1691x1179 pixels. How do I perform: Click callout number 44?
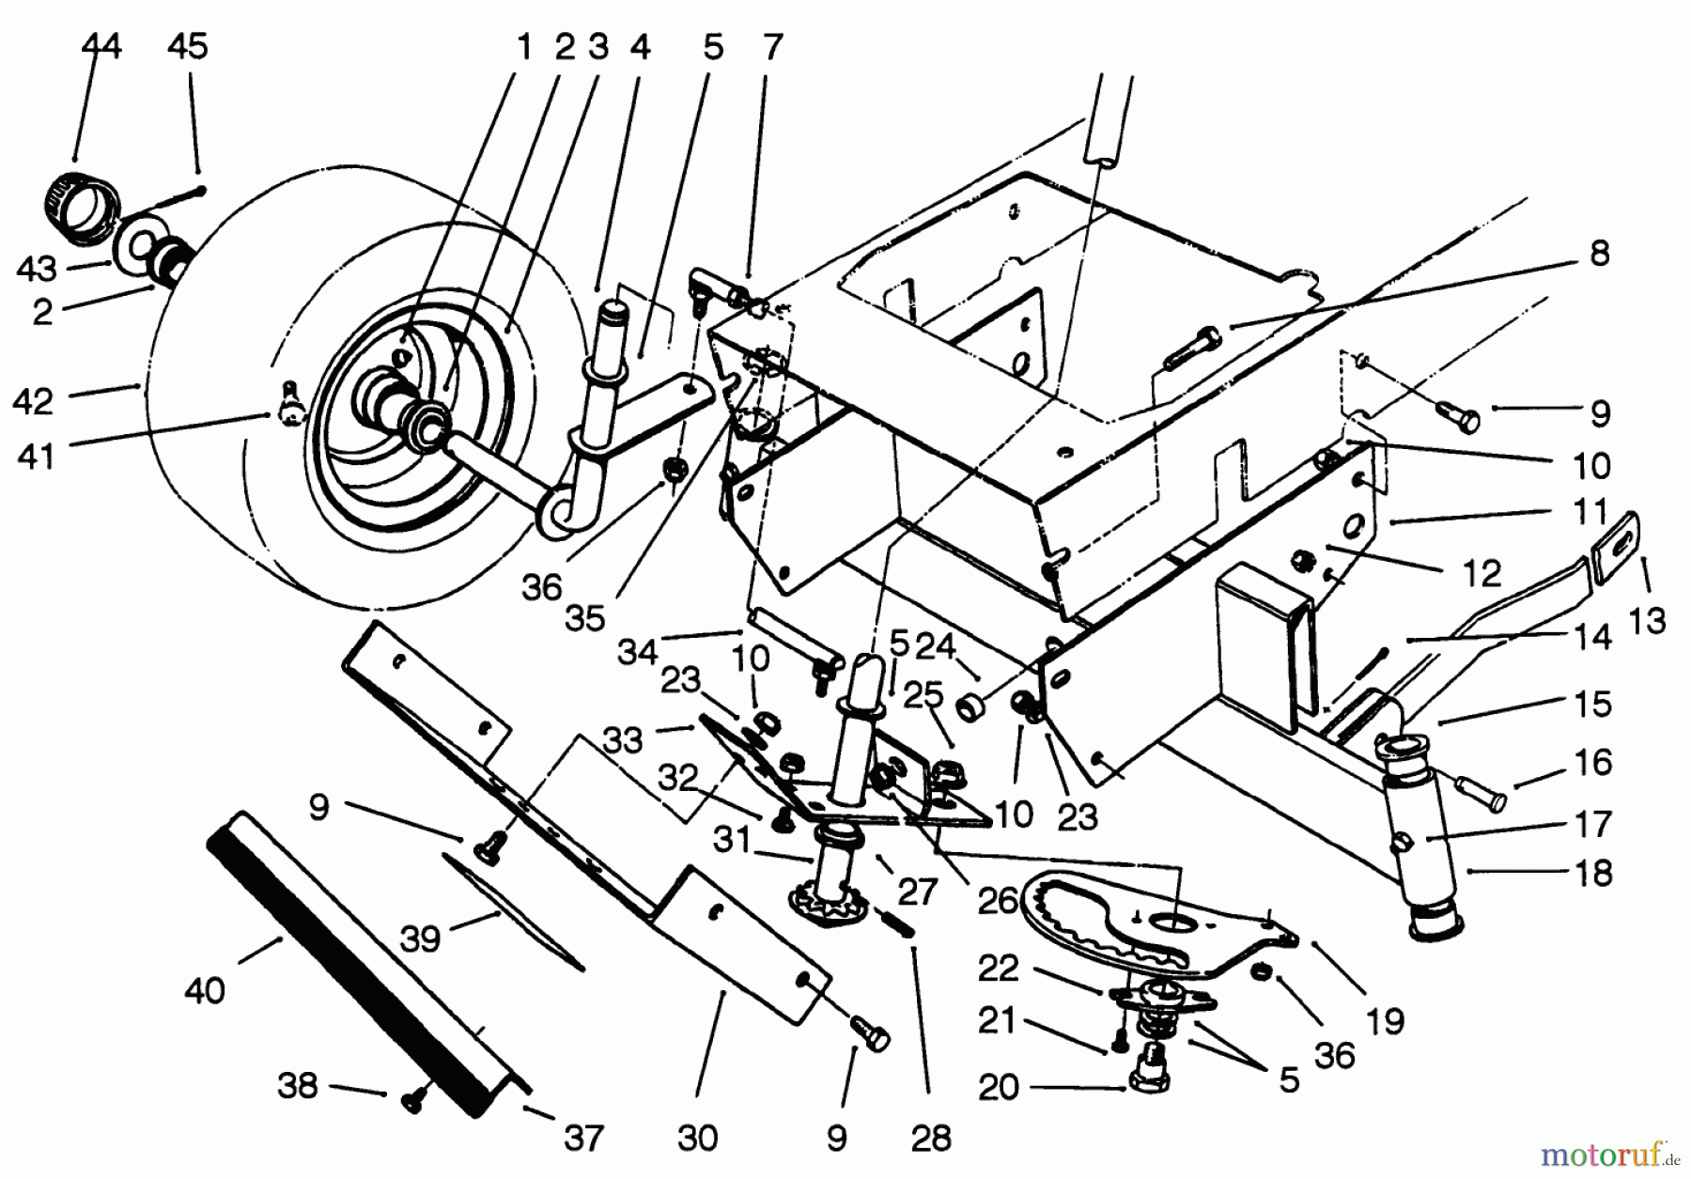[x=101, y=45]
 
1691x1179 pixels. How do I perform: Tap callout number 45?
[x=187, y=45]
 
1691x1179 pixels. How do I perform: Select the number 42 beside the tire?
[x=34, y=401]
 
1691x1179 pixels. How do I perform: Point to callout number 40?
[x=205, y=990]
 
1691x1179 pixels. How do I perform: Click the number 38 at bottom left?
[x=298, y=1086]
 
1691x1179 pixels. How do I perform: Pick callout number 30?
[x=697, y=1139]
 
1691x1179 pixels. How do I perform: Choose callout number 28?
[x=931, y=1139]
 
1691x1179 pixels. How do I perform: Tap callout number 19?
[x=1386, y=1020]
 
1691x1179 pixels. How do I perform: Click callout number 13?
[x=1647, y=620]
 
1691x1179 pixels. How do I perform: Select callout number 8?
[x=1600, y=253]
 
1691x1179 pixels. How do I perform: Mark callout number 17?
[x=1593, y=824]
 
